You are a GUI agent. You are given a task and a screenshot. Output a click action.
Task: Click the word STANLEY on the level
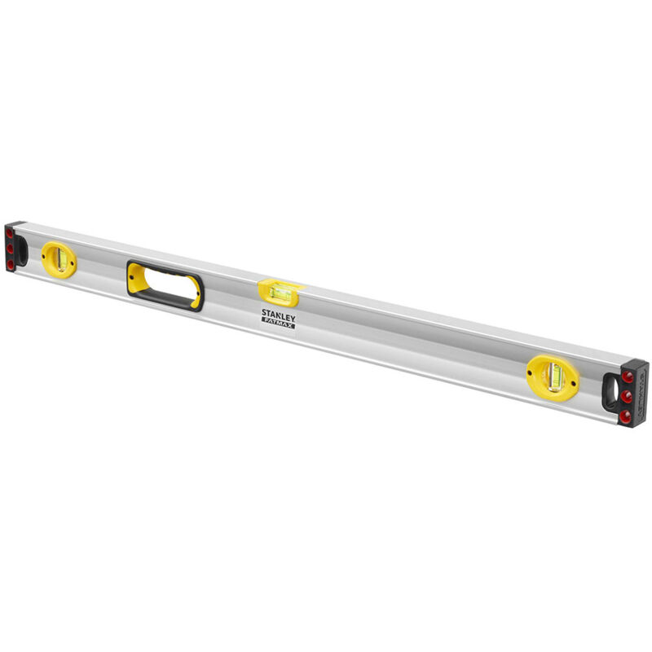(278, 314)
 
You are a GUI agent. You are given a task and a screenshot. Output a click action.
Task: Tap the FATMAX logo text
(278, 324)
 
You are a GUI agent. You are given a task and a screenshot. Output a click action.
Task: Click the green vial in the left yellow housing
(62, 258)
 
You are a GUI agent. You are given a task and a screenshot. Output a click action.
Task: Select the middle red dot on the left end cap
(10, 249)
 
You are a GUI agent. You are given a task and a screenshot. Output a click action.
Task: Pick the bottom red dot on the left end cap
(11, 264)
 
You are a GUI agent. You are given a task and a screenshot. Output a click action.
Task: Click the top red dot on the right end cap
(628, 377)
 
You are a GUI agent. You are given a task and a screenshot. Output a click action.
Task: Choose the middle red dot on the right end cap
(626, 397)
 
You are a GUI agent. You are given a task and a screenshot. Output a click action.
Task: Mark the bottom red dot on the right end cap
(625, 416)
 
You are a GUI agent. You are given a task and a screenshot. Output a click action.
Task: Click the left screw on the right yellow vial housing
(530, 372)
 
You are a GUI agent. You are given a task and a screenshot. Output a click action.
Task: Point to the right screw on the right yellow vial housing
(573, 384)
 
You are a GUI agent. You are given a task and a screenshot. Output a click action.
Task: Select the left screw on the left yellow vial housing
(43, 257)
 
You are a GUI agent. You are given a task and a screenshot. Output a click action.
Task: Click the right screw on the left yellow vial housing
(72, 263)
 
